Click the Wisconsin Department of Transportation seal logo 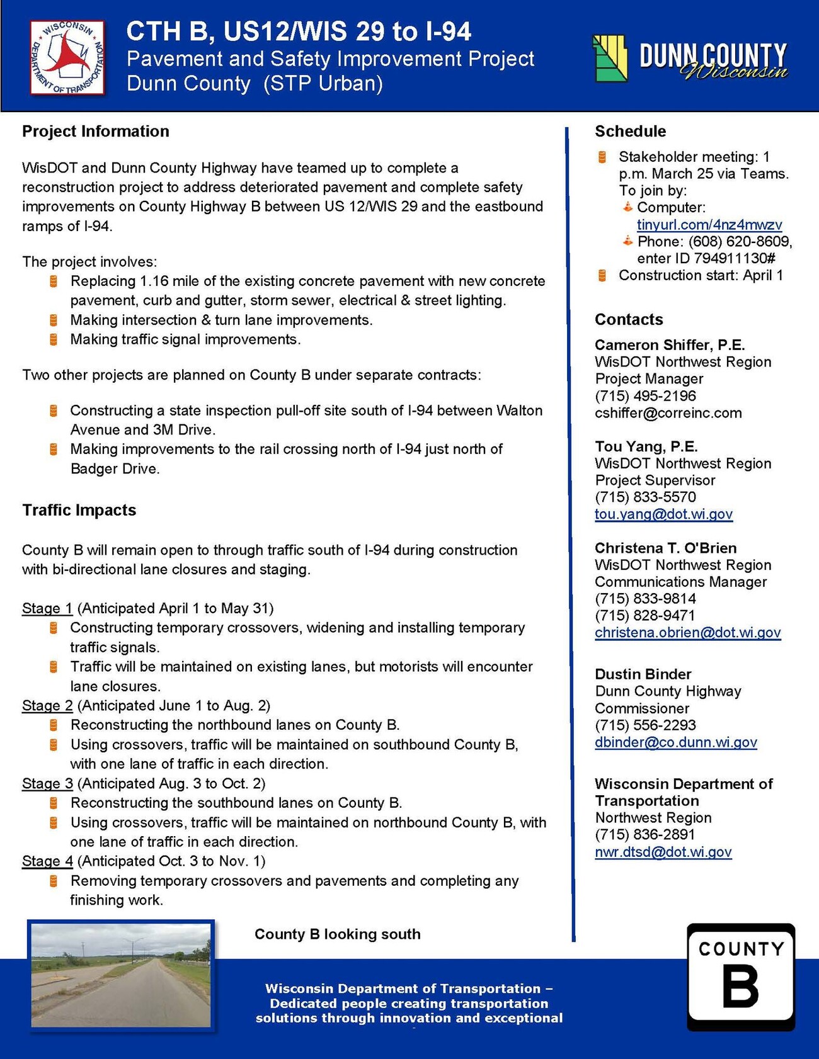pos(67,58)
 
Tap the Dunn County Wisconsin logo pos(690,59)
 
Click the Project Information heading pos(96,131)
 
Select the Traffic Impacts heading pos(79,510)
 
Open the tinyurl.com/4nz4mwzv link pos(709,225)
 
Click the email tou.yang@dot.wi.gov pos(663,514)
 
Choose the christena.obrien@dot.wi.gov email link pos(687,633)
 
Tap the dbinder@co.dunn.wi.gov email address pos(675,742)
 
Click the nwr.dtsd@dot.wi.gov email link pos(663,852)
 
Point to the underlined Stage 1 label pos(47,608)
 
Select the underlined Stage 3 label pos(47,783)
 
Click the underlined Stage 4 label pos(47,861)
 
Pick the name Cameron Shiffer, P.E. pos(670,345)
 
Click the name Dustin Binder pos(643,674)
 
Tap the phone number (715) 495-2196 pos(645,396)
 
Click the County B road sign pos(740,977)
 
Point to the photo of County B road pos(121,975)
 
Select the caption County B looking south pos(337,934)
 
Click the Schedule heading pos(630,131)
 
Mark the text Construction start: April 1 pos(701,275)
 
